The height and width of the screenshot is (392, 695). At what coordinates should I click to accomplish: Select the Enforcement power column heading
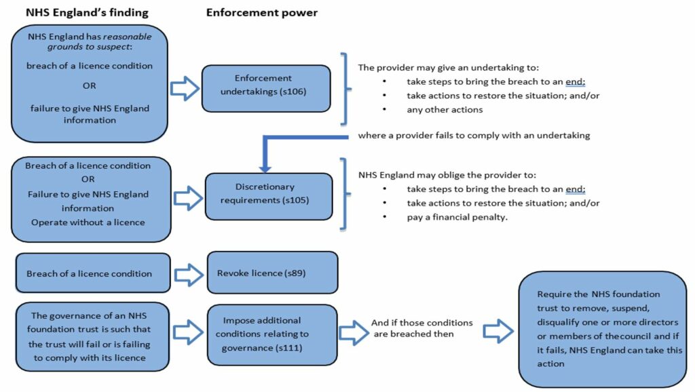tap(261, 12)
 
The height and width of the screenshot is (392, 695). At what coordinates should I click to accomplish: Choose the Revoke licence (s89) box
tap(271, 273)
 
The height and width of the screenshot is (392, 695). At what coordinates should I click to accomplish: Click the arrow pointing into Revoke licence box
tap(189, 274)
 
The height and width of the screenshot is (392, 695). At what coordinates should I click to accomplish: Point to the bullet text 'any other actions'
tap(445, 109)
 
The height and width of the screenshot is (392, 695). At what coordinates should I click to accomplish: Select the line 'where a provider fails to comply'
tap(474, 135)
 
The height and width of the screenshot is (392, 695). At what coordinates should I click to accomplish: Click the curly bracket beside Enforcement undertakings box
tap(345, 88)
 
